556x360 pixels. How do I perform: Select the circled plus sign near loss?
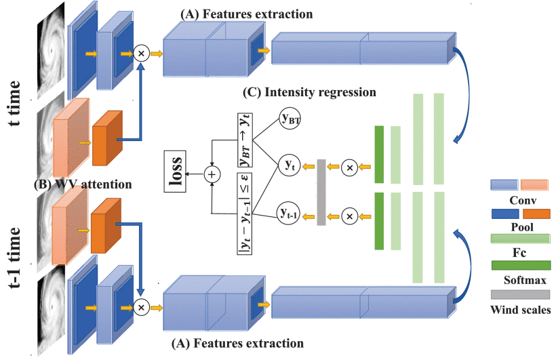tap(214, 174)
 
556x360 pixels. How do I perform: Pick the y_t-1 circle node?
tap(290, 214)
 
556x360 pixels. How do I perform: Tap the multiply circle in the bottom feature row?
tap(142, 307)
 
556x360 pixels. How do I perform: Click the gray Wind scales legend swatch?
tap(520, 294)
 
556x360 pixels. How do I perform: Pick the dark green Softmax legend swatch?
tap(520, 264)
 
